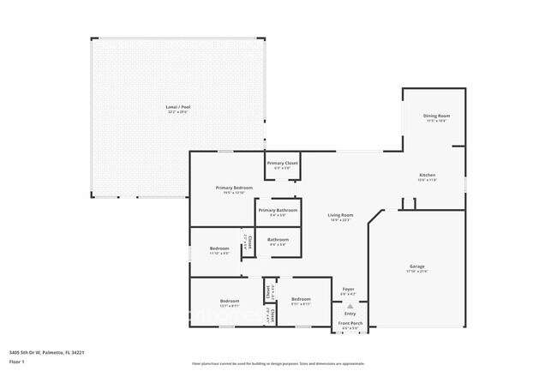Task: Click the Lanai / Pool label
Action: pos(178,108)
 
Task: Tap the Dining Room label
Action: pos(436,116)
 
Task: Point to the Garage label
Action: pos(416,267)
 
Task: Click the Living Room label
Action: pos(340,215)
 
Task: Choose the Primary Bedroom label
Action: pos(233,187)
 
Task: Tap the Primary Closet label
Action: pos(282,163)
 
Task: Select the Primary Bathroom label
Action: pos(278,210)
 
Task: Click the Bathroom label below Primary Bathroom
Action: pos(278,240)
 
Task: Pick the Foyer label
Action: pos(349,289)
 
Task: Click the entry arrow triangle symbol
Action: pos(349,306)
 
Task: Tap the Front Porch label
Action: pos(350,323)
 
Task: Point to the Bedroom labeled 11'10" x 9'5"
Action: pos(219,248)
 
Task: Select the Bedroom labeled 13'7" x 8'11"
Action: pos(229,301)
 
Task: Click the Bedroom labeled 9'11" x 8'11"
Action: pos(300,301)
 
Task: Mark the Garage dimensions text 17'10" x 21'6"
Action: pos(416,272)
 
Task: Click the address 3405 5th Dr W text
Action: pos(46,351)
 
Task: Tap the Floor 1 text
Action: pos(18,362)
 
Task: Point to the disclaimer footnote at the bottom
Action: pos(278,363)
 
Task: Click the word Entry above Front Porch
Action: pos(349,314)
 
